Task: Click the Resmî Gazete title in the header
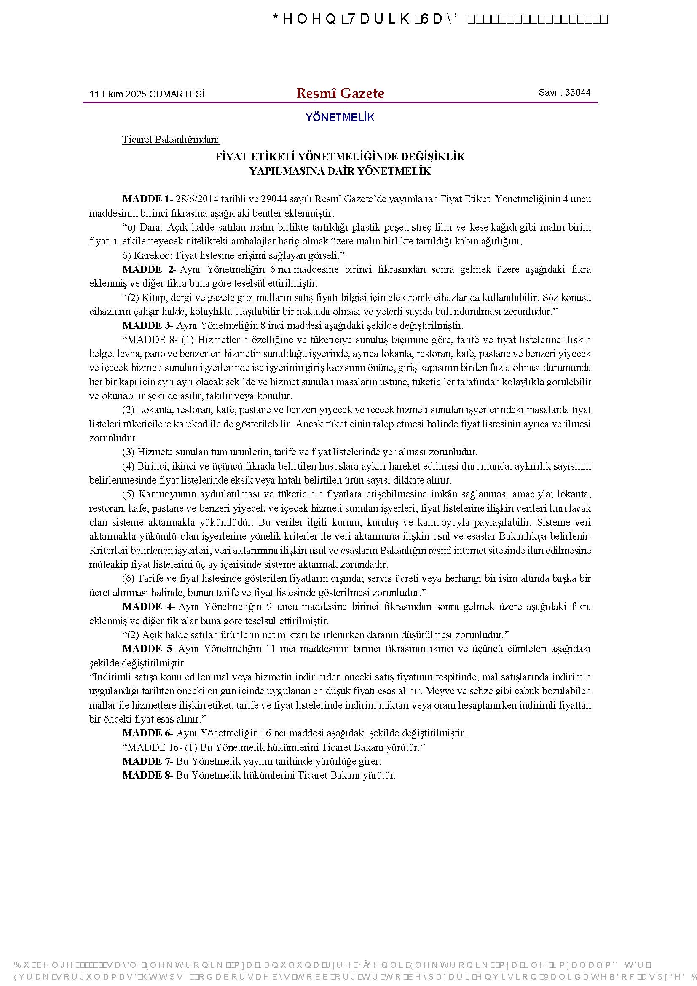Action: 340,93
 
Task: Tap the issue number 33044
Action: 577,92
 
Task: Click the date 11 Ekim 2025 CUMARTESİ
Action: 146,94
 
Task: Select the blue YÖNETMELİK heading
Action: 340,118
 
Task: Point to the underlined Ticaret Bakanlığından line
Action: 170,140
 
